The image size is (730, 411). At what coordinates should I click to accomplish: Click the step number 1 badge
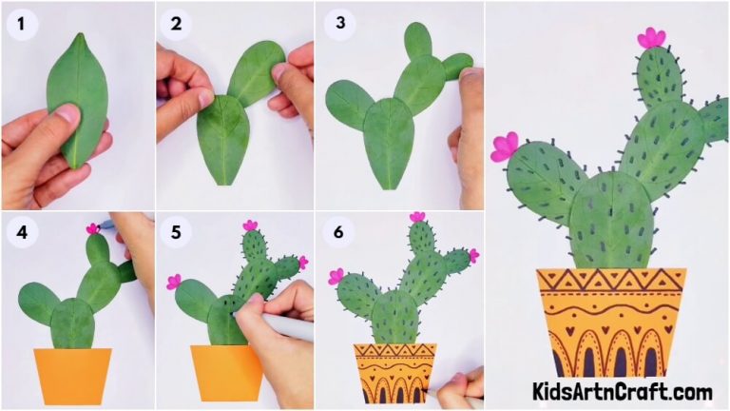point(19,24)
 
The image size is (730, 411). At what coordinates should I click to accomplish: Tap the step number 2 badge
point(175,24)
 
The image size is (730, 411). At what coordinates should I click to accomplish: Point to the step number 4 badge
point(19,232)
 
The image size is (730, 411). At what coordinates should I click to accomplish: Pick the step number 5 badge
point(175,232)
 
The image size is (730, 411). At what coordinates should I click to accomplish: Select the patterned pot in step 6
point(394,372)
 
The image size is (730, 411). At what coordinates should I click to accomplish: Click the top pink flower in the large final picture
point(651,38)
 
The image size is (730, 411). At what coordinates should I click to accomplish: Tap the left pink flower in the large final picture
point(504,147)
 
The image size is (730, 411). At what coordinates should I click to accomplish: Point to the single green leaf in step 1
point(79,95)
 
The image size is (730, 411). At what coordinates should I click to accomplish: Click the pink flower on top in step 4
point(93,228)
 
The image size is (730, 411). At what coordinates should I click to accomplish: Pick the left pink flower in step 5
point(174,282)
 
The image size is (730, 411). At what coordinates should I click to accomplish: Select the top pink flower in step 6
point(417,217)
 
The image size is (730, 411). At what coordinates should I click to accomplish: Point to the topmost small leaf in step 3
point(417,43)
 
